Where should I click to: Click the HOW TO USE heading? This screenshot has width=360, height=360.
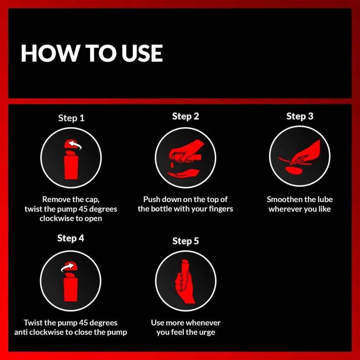[92, 53]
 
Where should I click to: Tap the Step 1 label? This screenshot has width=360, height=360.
[71, 118]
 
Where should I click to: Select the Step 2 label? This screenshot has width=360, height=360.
[185, 116]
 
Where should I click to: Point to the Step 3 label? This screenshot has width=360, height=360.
[299, 116]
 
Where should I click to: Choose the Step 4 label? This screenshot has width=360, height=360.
[70, 238]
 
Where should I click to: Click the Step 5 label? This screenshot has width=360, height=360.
[185, 241]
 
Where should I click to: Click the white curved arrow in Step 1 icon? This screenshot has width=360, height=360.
[75, 145]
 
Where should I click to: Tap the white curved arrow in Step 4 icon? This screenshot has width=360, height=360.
[67, 267]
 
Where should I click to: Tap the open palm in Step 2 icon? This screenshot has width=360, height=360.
[183, 173]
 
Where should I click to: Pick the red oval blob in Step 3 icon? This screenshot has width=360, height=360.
[294, 170]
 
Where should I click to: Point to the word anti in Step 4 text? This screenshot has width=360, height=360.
[21, 332]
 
